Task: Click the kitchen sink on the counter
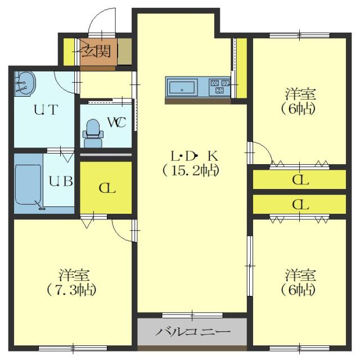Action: click(182, 88)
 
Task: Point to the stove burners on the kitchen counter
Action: click(218, 88)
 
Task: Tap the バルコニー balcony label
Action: click(192, 332)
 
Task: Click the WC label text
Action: click(116, 122)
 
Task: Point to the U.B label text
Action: click(60, 182)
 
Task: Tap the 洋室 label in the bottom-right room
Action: click(299, 275)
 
